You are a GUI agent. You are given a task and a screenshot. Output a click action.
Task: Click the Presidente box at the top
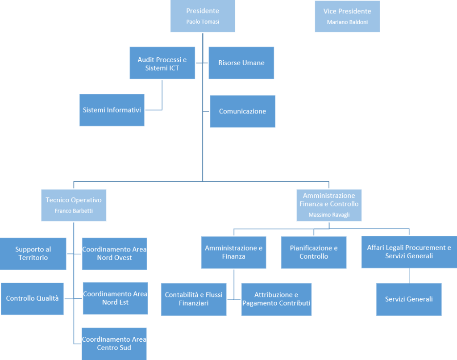point(203,16)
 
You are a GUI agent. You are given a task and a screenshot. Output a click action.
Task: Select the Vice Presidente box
point(347,17)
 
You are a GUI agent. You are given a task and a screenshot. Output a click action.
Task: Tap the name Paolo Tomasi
point(203,21)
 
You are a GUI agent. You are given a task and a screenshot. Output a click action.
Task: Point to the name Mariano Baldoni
point(347,22)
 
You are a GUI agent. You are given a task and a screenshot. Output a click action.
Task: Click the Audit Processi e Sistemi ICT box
point(162,63)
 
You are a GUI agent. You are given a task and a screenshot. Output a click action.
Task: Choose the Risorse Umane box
point(241,63)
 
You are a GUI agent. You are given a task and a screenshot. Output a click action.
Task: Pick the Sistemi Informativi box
point(112,110)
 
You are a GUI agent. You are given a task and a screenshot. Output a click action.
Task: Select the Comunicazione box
point(242,112)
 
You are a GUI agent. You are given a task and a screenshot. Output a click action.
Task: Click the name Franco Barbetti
point(74,211)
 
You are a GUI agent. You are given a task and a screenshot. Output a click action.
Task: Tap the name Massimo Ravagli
point(329,215)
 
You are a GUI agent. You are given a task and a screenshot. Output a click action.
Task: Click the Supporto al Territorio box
point(33,254)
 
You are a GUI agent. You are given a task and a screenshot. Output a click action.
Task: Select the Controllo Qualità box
point(32,299)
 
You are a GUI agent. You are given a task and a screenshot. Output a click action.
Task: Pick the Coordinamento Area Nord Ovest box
point(115,254)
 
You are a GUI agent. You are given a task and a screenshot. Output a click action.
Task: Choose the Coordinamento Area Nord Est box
point(116,298)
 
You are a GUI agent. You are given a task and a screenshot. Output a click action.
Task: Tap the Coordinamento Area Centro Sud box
point(114,344)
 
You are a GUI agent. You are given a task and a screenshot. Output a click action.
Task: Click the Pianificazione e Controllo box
point(314,252)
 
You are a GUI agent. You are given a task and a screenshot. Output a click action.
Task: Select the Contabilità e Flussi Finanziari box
point(194,299)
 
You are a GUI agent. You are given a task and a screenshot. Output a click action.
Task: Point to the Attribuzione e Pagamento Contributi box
point(276,299)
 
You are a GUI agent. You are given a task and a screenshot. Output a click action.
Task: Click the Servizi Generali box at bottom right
point(409,299)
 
